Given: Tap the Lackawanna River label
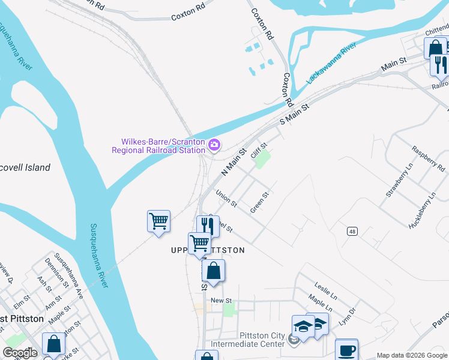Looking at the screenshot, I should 333,63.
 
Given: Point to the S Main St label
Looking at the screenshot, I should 294,114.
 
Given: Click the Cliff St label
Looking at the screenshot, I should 259,149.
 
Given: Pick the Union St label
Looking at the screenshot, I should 226,199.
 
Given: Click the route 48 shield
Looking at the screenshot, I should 351,231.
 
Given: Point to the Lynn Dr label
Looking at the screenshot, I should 348,316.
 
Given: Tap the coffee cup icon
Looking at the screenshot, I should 346,350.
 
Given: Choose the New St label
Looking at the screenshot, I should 221,301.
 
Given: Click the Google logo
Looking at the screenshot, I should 20,353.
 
